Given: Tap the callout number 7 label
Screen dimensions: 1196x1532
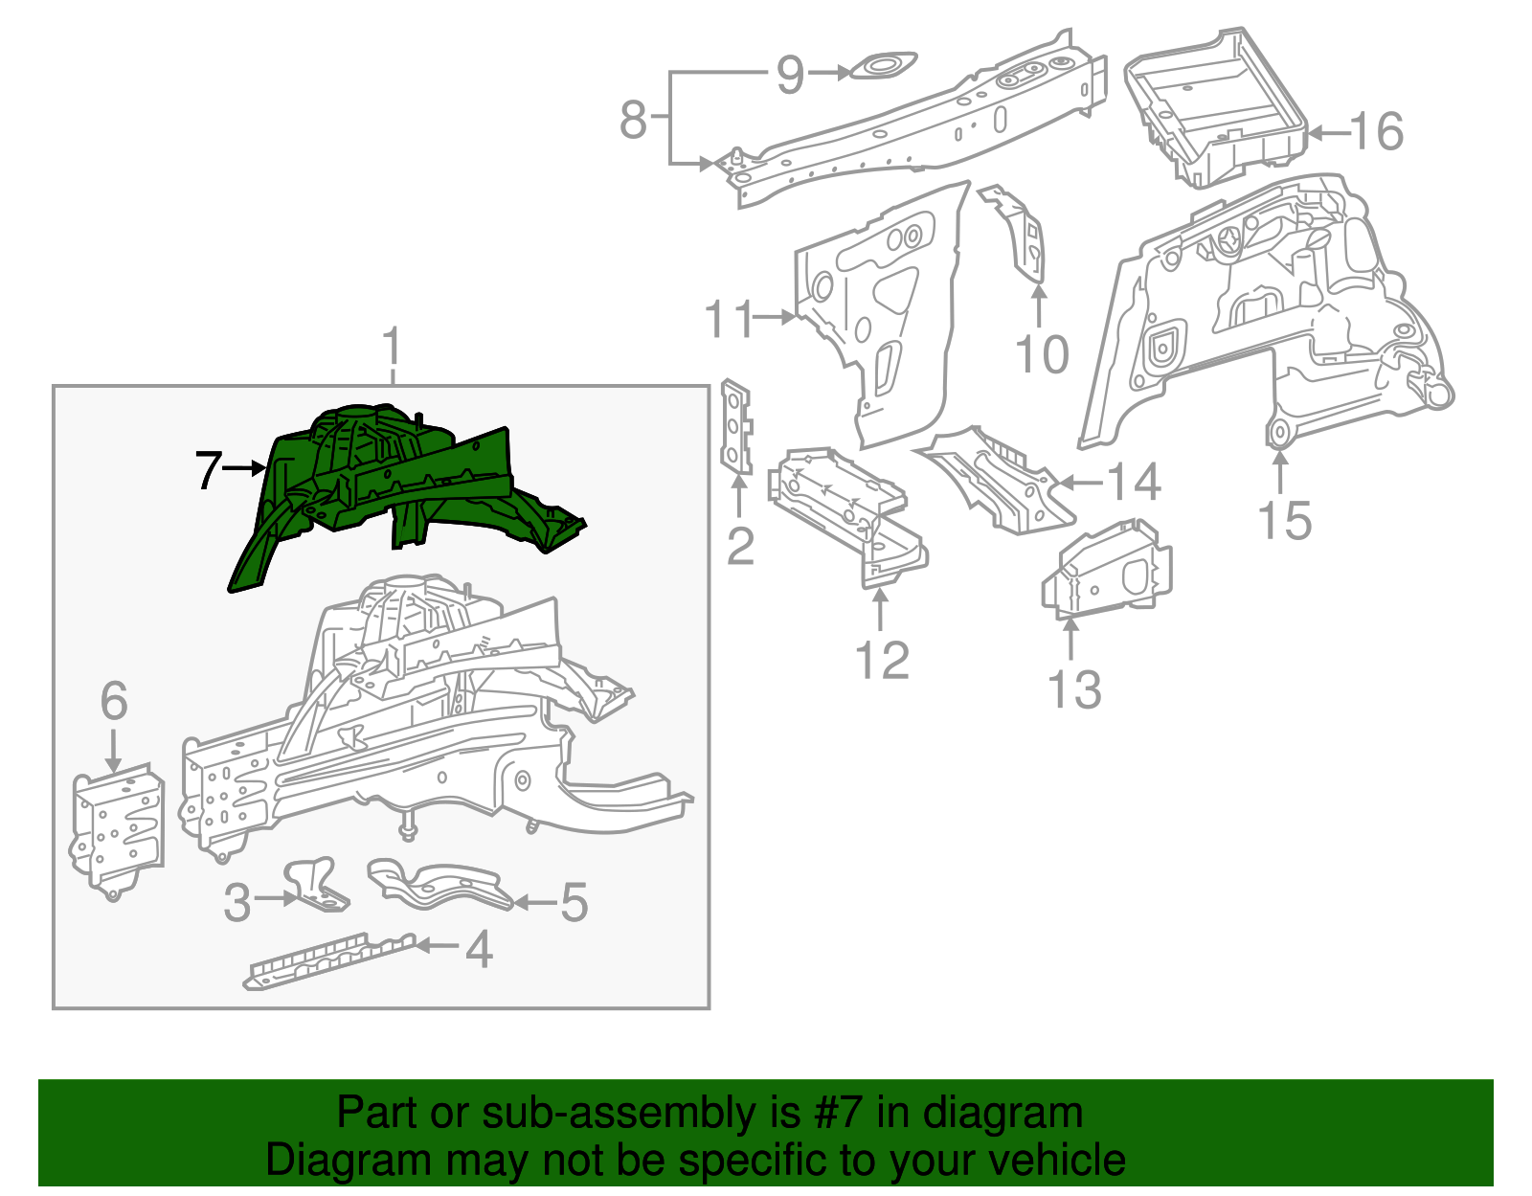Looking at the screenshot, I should pos(208,470).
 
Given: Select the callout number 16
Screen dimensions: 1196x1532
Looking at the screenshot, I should pos(1377,132).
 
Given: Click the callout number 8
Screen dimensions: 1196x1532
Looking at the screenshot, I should pos(633,121).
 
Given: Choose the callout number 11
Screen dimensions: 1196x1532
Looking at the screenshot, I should pos(730,319).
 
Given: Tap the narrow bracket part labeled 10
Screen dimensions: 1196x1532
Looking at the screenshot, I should pos(1025,235).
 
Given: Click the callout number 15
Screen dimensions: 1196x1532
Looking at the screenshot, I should pos(1283,522).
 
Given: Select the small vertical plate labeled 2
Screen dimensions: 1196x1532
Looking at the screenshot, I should pos(735,426).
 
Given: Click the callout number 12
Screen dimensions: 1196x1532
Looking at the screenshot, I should pos(881,661).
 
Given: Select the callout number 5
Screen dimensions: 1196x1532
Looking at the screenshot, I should pos(574,902).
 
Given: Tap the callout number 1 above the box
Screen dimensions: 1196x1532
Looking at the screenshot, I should pos(391,347).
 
